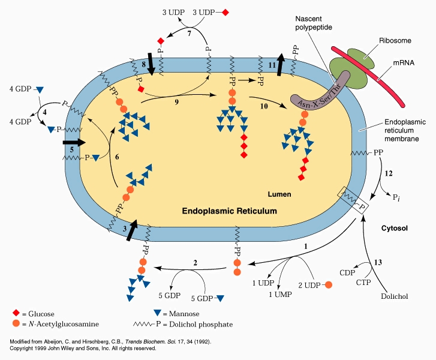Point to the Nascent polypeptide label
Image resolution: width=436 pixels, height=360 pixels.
pos(313,23)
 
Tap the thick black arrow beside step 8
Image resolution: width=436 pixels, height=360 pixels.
pos(150,64)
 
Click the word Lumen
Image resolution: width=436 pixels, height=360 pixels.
pos(279,195)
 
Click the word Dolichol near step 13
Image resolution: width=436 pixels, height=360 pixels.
pos(393,296)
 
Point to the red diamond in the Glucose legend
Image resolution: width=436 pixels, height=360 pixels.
pos(16,313)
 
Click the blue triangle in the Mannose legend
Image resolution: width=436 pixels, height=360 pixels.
pos(158,313)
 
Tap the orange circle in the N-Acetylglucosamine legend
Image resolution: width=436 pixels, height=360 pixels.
pos(16,324)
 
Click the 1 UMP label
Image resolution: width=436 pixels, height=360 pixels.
pos(278,293)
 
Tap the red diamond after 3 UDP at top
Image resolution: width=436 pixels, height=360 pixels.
pos(225,12)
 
